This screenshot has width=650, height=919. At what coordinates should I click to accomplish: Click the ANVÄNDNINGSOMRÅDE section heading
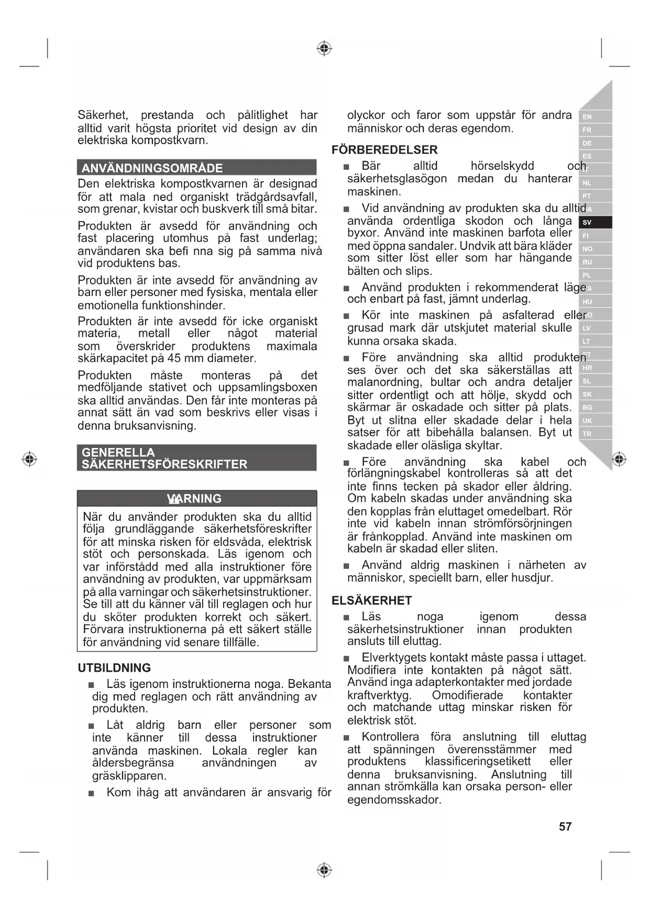pos(152,168)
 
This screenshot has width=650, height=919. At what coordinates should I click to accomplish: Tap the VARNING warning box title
pos(194,498)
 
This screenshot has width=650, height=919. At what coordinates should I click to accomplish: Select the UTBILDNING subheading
pos(114,668)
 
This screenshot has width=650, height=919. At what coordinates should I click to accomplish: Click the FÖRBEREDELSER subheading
pos(384,150)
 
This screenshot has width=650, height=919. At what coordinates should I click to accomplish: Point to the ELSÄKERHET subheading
pos(372,600)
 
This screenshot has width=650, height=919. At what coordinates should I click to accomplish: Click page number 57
pos(565,826)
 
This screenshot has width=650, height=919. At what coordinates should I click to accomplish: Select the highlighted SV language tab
pos(587,222)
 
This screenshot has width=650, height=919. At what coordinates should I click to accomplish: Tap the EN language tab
pos(587,117)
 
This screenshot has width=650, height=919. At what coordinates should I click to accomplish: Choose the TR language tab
pos(587,434)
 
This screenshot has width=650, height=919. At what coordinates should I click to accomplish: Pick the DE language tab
pos(587,143)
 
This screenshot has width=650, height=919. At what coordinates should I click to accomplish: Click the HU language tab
pos(587,302)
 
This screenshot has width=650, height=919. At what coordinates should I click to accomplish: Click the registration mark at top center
pos(325,49)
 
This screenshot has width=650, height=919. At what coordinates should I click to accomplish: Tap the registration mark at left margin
pos(29,459)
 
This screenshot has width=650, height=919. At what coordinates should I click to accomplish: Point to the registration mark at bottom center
pos(325,870)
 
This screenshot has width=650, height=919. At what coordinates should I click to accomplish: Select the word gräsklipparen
pos(129,775)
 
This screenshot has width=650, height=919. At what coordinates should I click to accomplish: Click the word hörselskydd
pos(502,166)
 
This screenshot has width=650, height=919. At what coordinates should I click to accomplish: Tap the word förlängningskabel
pos(394,474)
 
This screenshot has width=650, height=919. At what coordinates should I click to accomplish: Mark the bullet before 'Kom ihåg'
pos(92,793)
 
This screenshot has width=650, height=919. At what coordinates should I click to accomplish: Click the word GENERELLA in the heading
pos(118,452)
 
